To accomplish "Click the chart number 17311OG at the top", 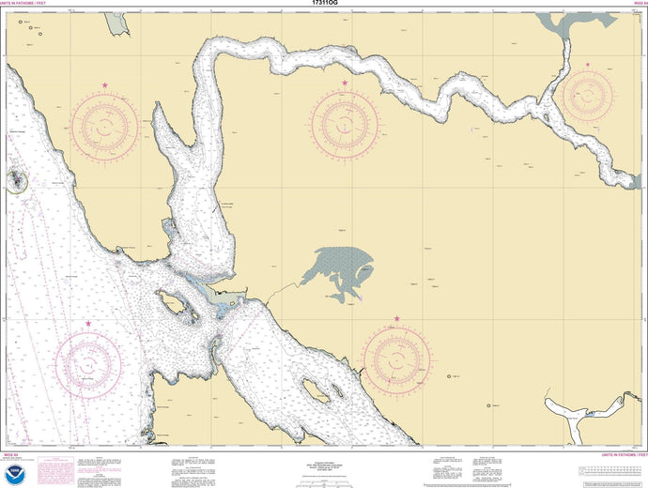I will coord(324,4).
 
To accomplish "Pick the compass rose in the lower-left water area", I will coord(89,361).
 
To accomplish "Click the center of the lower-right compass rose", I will coord(397,359).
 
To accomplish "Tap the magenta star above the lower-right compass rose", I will coord(396,319).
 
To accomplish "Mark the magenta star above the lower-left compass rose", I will coord(89,324).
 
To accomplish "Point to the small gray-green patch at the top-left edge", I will coord(116,20).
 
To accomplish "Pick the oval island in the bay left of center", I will coord(175,302).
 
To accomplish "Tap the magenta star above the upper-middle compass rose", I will coord(345,84).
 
